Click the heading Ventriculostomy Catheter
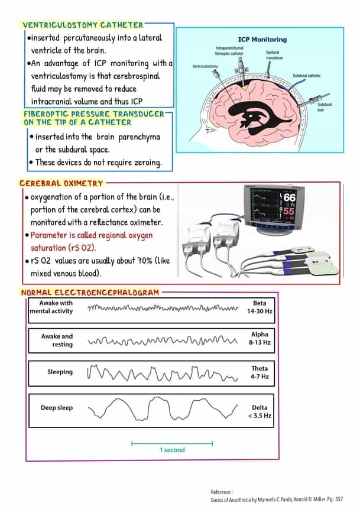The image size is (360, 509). (x=82, y=25)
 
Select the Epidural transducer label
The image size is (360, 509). (x=274, y=55)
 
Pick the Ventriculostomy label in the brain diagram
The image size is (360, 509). (x=205, y=66)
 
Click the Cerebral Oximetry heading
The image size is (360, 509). (x=61, y=184)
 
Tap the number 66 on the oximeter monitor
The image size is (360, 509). (x=289, y=197)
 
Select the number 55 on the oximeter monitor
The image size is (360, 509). (x=288, y=211)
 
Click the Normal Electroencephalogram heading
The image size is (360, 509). (x=90, y=293)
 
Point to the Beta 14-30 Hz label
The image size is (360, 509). (x=259, y=307)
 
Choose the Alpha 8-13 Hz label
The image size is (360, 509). (x=259, y=339)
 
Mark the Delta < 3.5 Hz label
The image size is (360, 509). (x=259, y=411)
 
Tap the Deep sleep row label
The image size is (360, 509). (x=57, y=408)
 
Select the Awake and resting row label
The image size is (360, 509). (x=57, y=340)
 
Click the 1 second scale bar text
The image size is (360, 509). (x=171, y=450)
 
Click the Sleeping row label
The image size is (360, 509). (x=60, y=372)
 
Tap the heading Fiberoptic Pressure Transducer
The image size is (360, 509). (x=93, y=118)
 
